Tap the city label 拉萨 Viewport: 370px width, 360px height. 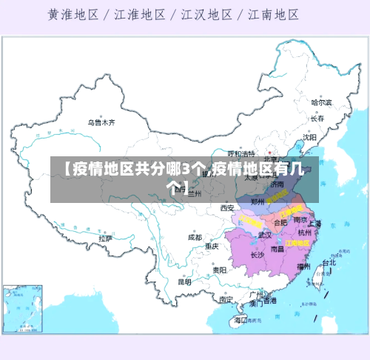coord(104,239)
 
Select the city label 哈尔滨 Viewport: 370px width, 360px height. coord(321,102)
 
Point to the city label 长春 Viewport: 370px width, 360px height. coord(317,119)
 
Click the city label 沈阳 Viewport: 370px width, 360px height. coord(309,137)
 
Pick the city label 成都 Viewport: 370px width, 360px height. coord(195,238)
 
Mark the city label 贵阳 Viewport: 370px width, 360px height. coord(220,270)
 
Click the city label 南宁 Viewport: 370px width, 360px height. coord(226,300)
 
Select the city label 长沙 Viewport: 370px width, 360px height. coord(257,255)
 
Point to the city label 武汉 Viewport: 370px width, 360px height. coord(265,235)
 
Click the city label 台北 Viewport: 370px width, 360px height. coord(329,262)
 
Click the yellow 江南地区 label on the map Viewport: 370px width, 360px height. coord(297,242)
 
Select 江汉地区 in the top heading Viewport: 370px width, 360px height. coord(202,14)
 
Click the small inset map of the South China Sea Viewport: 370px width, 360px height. coord(21,307)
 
